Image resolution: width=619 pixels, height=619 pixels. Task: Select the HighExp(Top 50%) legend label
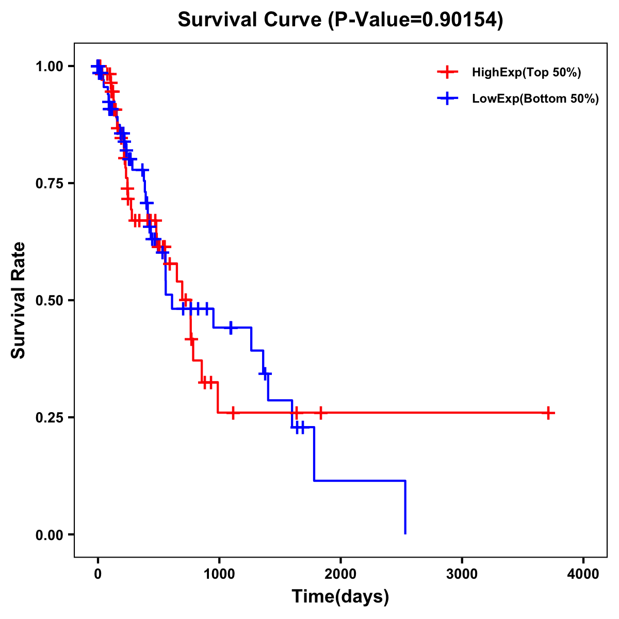[526, 73]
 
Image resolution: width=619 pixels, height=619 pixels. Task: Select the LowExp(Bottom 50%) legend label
[535, 99]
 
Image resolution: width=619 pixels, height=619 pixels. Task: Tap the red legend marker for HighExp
[447, 73]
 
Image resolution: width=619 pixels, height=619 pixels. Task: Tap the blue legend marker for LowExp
[447, 99]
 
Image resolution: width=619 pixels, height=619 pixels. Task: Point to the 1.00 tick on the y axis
[49, 67]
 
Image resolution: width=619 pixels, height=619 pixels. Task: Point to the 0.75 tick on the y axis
[49, 184]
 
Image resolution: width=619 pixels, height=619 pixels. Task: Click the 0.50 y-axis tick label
[49, 301]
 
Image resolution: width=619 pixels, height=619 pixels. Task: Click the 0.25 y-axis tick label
[49, 417]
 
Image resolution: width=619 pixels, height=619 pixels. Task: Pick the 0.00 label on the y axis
[49, 535]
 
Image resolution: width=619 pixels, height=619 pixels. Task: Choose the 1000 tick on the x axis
[219, 574]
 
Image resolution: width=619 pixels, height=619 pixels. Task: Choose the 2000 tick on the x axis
[340, 574]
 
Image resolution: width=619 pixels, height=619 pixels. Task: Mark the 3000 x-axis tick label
[462, 574]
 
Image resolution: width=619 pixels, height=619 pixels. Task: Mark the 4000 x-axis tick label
[583, 574]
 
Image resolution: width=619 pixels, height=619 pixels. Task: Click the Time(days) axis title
[340, 597]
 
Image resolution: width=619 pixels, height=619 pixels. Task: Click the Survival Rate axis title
[19, 300]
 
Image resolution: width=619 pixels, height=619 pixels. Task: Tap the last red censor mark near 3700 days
[548, 413]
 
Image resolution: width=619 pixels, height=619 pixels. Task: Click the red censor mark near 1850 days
[321, 413]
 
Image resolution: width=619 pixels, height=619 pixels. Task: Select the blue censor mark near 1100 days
[231, 328]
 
